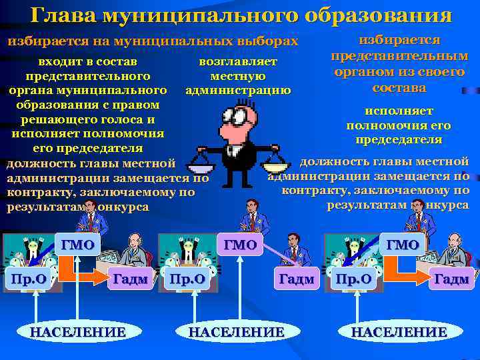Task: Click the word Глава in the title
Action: click(58, 15)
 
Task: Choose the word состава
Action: click(399, 87)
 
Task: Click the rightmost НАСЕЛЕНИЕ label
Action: click(399, 332)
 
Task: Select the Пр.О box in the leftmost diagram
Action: click(27, 279)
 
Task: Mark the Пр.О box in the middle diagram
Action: click(188, 279)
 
